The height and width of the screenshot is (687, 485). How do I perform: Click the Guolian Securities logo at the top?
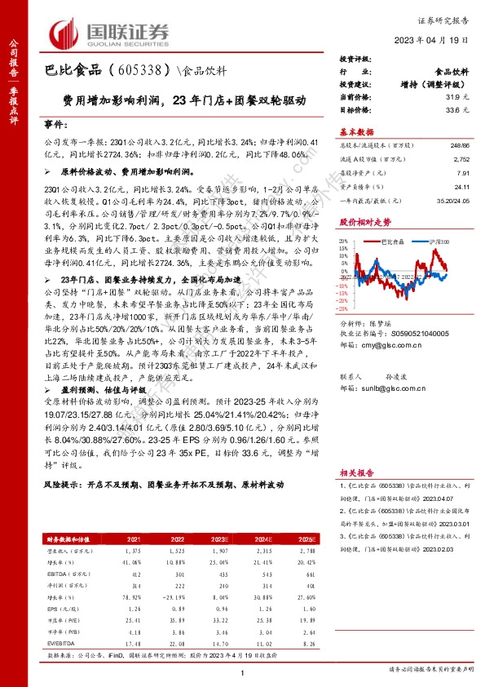tap(109, 32)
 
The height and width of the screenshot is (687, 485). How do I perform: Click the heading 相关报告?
tap(356, 472)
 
